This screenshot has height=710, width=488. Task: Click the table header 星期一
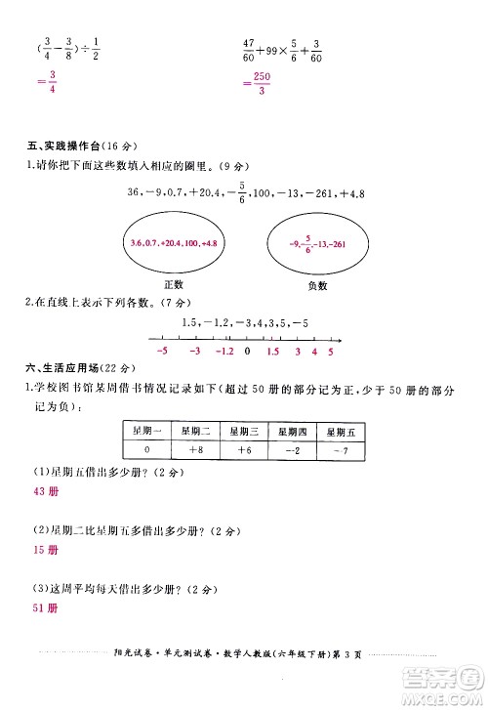(x=144, y=431)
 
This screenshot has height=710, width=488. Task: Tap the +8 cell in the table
(x=193, y=450)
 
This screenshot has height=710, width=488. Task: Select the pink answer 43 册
(x=44, y=490)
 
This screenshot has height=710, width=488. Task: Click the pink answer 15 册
(x=44, y=550)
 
